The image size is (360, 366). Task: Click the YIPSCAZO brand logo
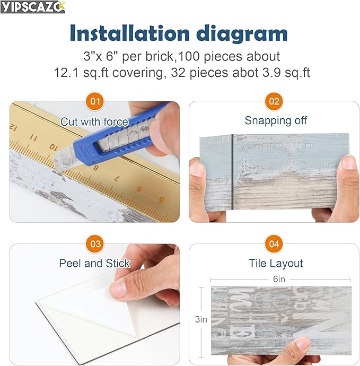(x=33, y=7)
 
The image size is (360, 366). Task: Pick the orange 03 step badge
(x=95, y=244)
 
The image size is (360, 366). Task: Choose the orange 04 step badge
(x=274, y=244)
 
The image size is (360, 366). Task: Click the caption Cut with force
(x=94, y=122)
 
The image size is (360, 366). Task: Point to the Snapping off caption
(x=276, y=121)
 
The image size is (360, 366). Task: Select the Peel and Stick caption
(x=94, y=264)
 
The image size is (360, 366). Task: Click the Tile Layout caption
(x=276, y=264)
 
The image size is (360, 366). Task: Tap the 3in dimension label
(x=201, y=320)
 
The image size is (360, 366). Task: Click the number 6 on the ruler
(x=139, y=188)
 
